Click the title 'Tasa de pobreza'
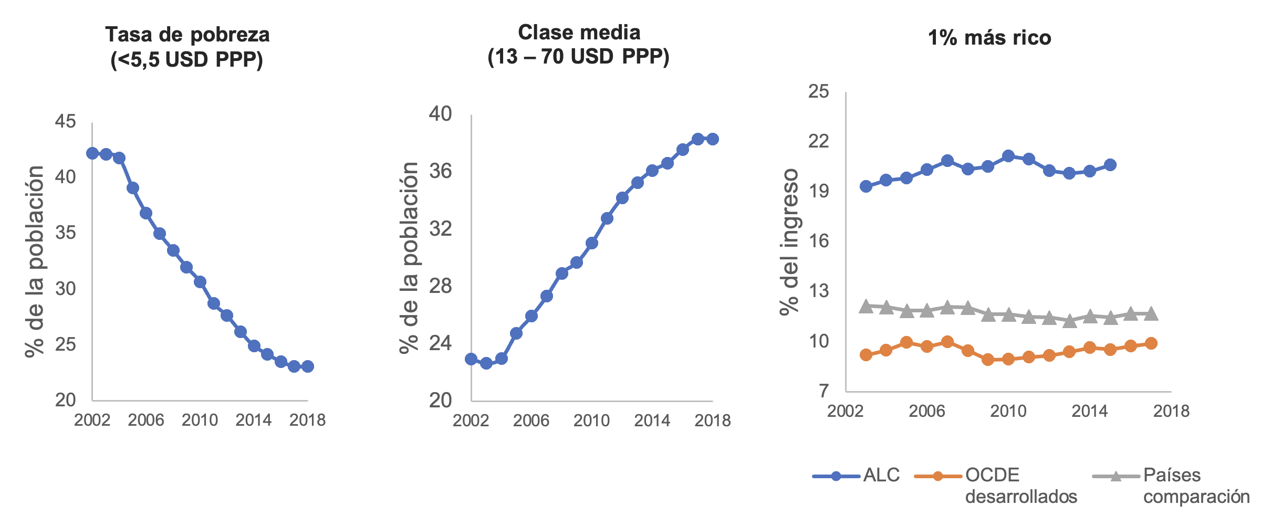(x=187, y=35)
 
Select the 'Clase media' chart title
(x=579, y=33)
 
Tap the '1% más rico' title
(x=989, y=38)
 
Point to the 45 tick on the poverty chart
(x=66, y=122)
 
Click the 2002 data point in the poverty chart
(x=92, y=153)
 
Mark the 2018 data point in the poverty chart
(x=308, y=366)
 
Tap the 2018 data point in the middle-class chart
(x=713, y=139)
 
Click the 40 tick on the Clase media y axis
(x=440, y=114)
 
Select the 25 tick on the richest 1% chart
(x=818, y=92)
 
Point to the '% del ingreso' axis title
(x=789, y=241)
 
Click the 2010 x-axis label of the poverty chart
(x=200, y=420)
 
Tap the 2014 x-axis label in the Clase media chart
(x=652, y=420)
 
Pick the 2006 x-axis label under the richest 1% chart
(x=926, y=411)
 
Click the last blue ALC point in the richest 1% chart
(x=1110, y=165)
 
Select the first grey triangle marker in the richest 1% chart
(x=866, y=306)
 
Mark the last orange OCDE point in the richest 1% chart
(x=1151, y=343)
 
